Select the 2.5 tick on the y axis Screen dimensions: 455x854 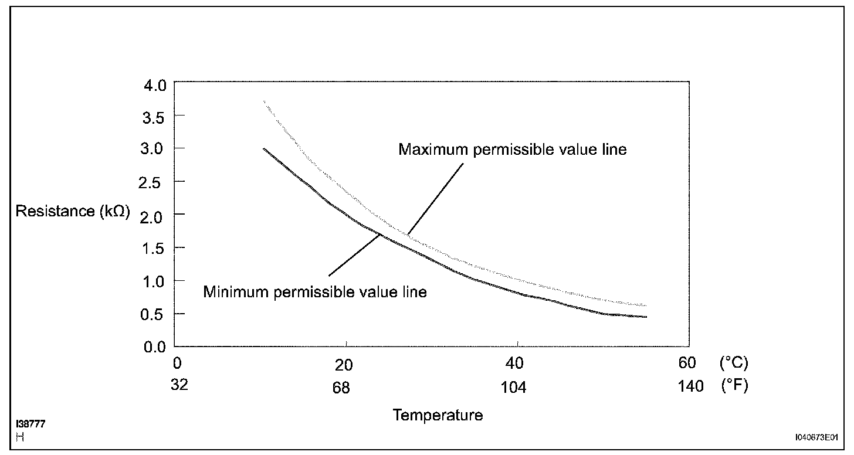click(x=155, y=182)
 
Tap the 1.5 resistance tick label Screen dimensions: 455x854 click(x=155, y=248)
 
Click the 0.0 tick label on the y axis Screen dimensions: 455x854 click(x=155, y=347)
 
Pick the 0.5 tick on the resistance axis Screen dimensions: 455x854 click(x=155, y=314)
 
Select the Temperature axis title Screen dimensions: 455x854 click(x=438, y=415)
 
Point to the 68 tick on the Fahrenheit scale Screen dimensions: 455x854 click(x=340, y=388)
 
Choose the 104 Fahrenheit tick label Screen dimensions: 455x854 click(x=514, y=388)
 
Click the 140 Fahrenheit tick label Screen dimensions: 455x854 click(x=690, y=388)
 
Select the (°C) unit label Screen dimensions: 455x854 click(x=733, y=363)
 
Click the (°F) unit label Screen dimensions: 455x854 click(x=733, y=388)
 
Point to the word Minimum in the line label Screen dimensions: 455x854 click(x=236, y=291)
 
